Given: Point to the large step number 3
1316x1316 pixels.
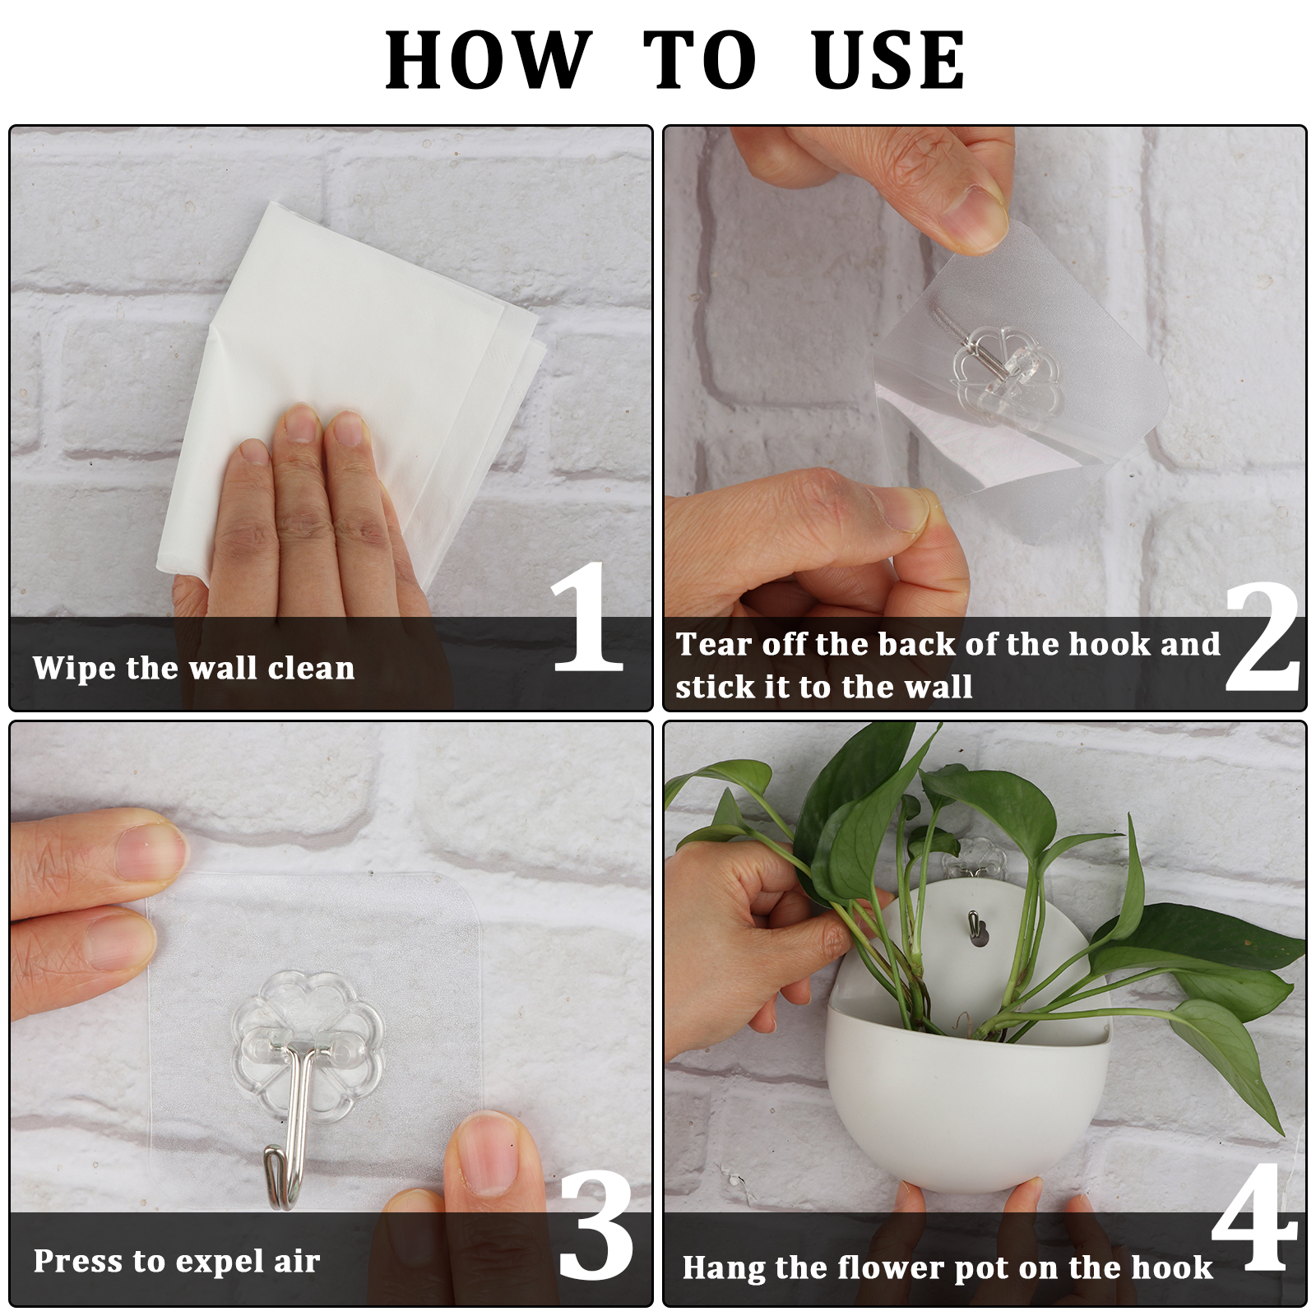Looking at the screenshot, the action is [596, 1225].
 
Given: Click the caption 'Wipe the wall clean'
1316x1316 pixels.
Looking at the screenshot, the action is [194, 668].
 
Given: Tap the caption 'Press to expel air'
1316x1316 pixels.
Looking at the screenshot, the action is [177, 1262].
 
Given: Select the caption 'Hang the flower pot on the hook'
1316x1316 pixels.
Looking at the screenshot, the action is [948, 1267].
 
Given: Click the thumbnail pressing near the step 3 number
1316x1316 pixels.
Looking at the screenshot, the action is [487, 1151].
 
